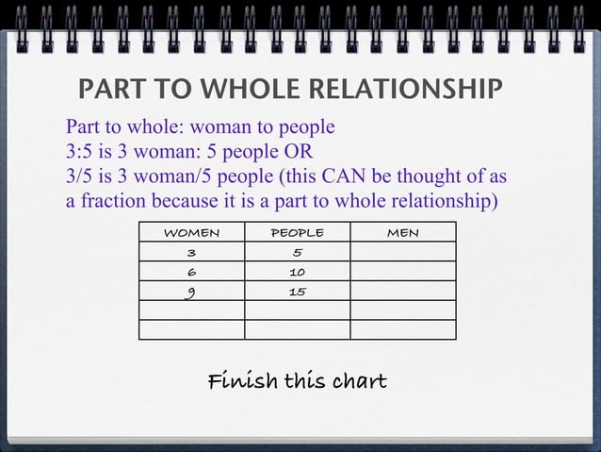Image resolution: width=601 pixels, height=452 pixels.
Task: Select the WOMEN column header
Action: point(191,232)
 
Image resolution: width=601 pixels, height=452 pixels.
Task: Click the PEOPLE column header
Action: point(297,232)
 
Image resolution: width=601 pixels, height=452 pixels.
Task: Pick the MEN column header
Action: point(403,232)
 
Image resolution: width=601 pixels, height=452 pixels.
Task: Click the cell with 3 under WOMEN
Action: point(191,252)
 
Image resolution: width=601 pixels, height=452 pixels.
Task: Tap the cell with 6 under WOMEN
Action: point(191,272)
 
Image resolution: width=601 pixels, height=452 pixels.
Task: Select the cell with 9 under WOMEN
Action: point(191,292)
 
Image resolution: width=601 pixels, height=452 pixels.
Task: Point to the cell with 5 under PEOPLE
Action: point(297,252)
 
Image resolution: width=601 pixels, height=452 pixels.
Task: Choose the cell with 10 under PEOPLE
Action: point(297,272)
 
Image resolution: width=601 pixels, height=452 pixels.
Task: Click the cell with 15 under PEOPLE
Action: point(297,292)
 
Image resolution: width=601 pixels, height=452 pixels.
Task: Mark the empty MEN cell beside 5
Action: point(403,252)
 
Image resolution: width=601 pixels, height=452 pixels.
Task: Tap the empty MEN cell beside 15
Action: point(403,292)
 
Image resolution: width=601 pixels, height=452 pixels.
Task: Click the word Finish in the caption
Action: point(242,381)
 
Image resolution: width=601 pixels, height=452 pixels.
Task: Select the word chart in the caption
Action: point(353,381)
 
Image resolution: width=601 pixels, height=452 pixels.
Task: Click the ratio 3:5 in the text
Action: point(82,152)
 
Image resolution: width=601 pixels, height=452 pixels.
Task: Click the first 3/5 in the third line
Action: point(82,176)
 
